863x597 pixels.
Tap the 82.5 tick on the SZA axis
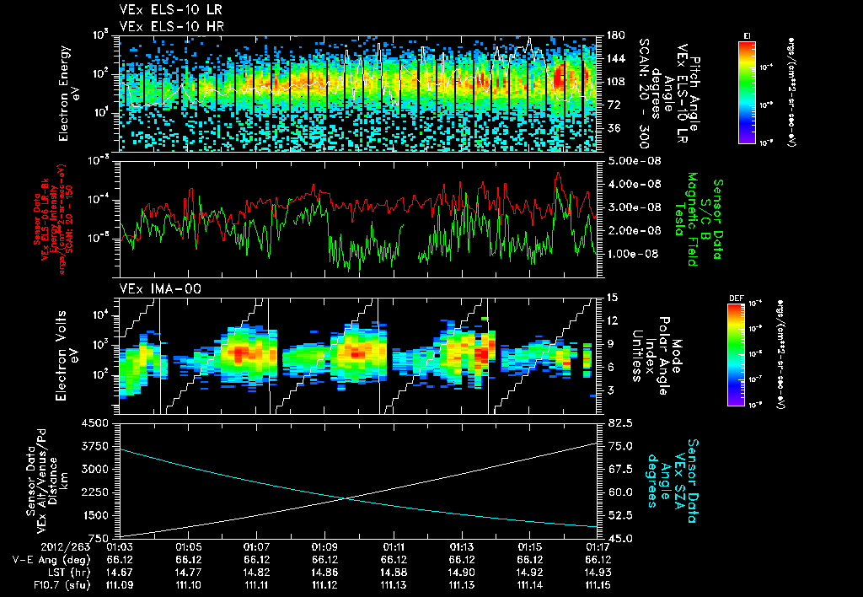coord(614,422)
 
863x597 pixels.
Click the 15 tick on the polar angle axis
coord(612,297)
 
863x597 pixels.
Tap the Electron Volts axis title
coord(69,354)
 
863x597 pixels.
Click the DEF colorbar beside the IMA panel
coord(734,354)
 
